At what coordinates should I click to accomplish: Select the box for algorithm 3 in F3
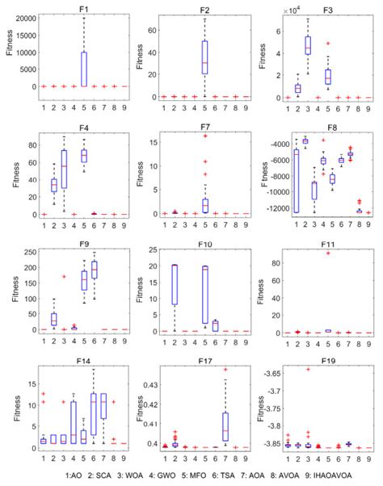307,45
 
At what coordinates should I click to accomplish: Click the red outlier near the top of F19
307,369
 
